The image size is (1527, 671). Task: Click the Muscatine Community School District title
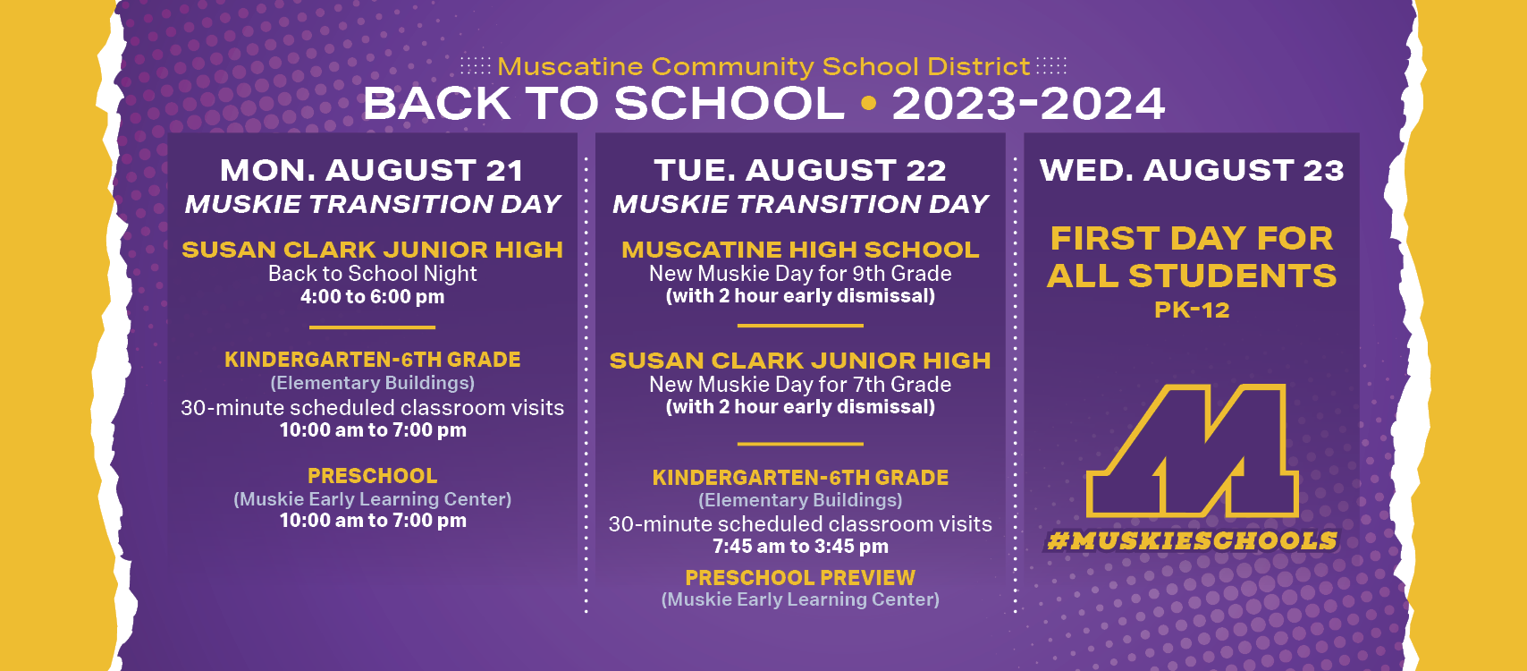(763, 67)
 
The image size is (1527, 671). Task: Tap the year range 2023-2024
(1028, 105)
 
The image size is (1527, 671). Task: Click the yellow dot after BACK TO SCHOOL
(868, 104)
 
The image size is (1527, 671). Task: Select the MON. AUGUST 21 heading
(372, 171)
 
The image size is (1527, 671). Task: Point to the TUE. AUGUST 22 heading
(800, 171)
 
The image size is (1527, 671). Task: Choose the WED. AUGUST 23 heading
(1192, 171)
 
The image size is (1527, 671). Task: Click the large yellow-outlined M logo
(1192, 451)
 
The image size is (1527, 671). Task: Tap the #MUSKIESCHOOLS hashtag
(1192, 540)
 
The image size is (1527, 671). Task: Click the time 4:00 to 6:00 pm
(372, 297)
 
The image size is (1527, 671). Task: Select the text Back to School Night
(372, 274)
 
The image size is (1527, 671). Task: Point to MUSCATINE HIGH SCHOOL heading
(800, 250)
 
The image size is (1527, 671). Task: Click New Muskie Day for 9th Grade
(800, 274)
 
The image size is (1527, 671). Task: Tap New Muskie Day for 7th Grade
(800, 385)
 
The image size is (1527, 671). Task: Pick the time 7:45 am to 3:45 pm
(800, 547)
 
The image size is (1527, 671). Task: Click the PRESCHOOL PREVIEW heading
(800, 578)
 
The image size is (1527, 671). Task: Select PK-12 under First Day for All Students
(1192, 310)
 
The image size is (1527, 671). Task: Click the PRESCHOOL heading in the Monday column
(372, 475)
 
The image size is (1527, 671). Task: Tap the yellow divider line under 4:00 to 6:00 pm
(372, 327)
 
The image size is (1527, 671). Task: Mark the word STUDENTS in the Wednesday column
(1233, 276)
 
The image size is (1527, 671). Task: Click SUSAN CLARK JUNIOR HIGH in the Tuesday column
(800, 361)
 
